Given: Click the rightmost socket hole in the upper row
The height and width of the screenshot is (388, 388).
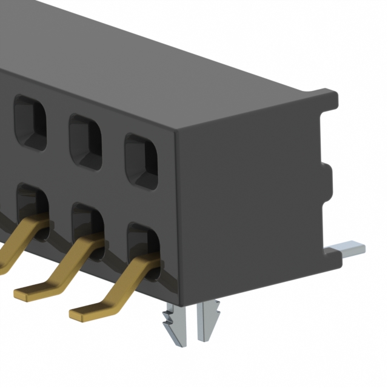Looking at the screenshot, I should coord(141,161).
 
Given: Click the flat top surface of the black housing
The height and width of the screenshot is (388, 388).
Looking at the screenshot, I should coord(182,61).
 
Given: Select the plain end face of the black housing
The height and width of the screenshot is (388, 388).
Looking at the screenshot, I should coord(249,200).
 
